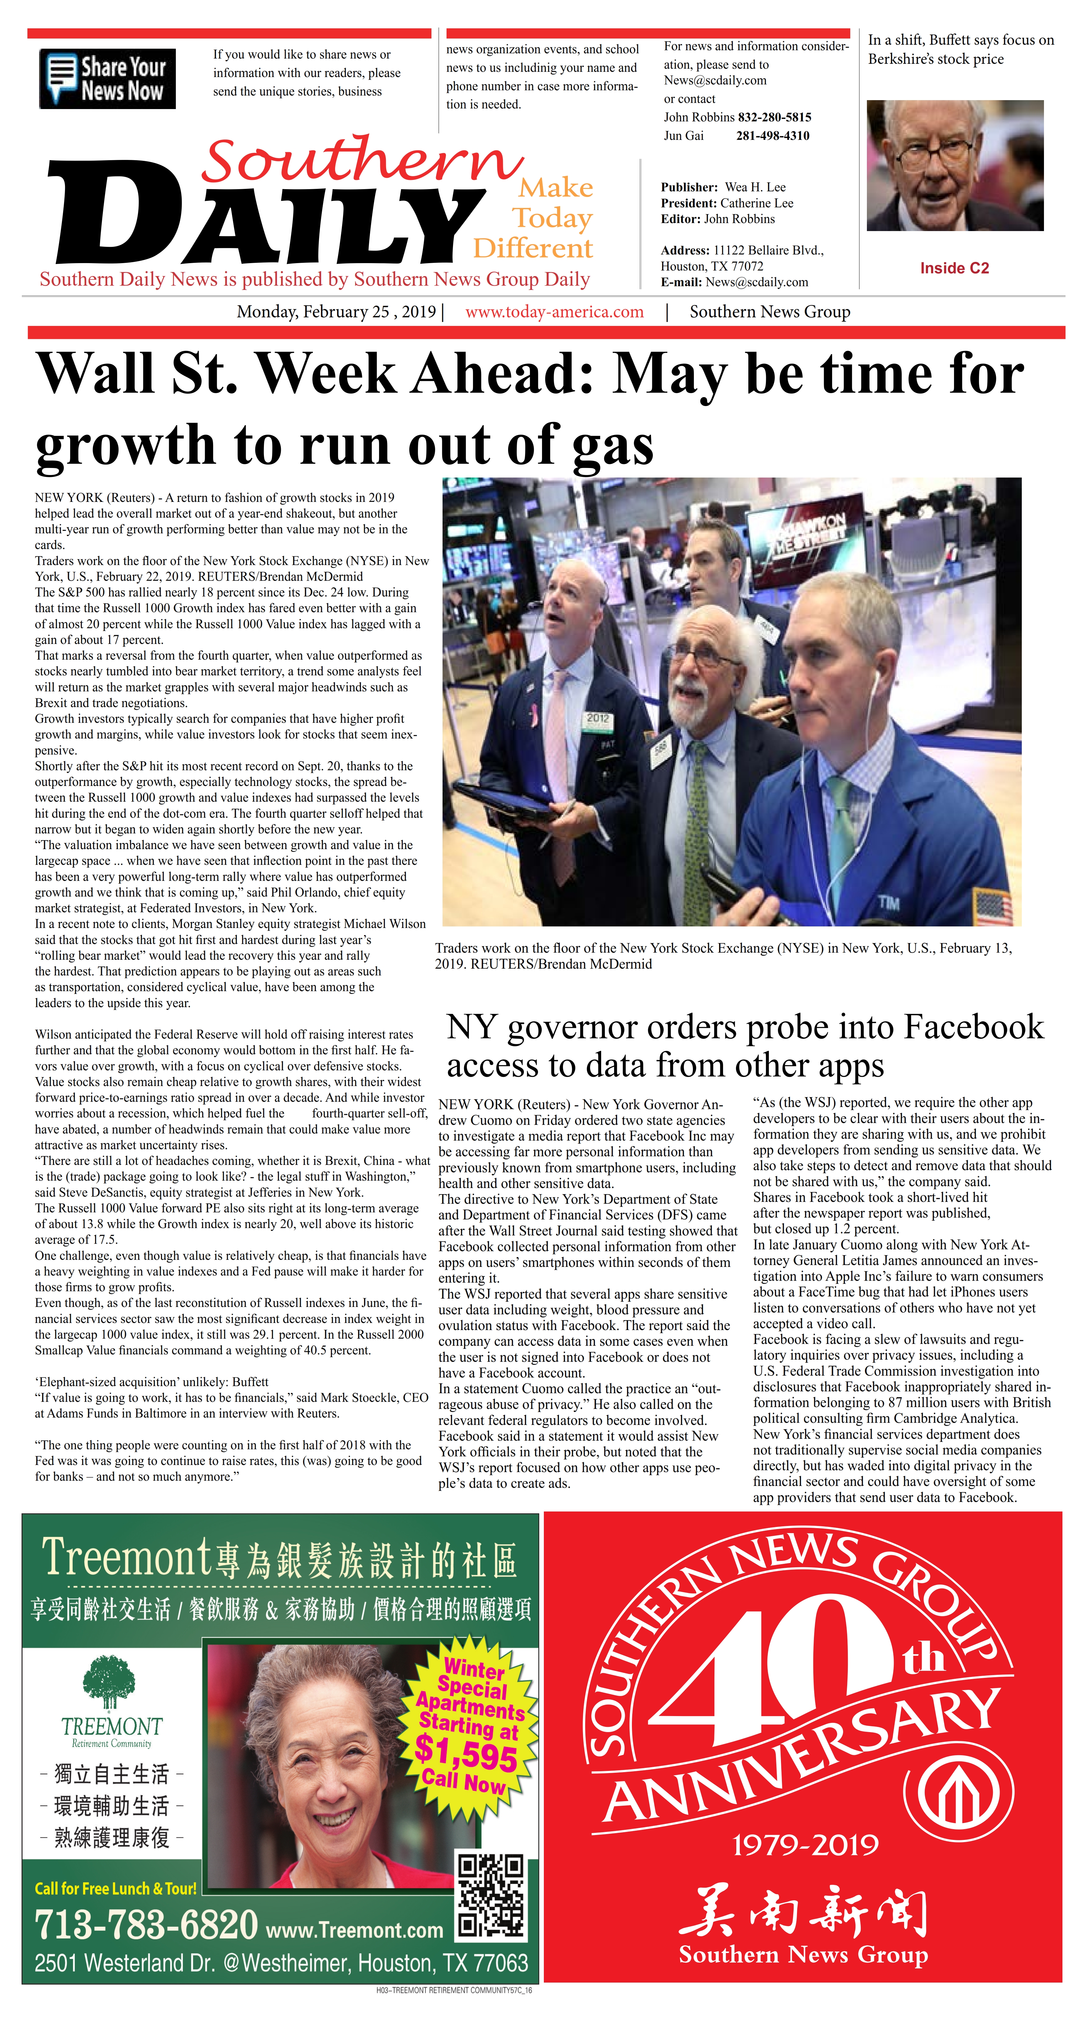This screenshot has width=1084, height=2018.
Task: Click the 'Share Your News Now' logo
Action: [x=107, y=78]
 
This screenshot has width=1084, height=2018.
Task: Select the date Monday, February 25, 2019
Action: [x=336, y=312]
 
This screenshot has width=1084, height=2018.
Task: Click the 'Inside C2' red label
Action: [x=954, y=268]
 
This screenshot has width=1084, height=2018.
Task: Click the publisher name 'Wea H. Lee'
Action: [x=755, y=187]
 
